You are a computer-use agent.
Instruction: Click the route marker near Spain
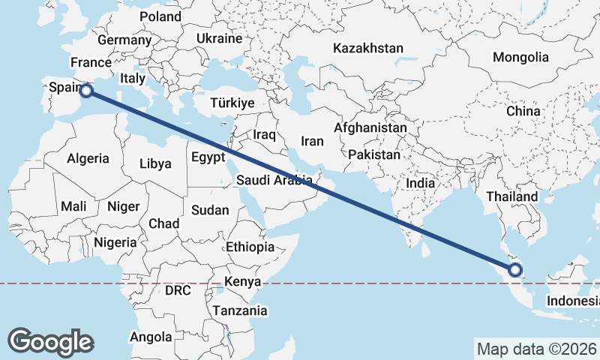coord(86,91)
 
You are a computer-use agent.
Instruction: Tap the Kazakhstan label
coord(368,48)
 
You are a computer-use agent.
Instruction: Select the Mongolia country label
coord(520,57)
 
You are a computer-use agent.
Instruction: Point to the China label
coord(523,111)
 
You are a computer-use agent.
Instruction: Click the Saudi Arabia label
coord(274,180)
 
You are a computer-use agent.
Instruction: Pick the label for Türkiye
coord(232,103)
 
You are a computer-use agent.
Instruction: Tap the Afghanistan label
coord(370,128)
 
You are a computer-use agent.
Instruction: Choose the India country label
coord(421,182)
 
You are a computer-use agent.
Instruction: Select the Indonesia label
coord(572,301)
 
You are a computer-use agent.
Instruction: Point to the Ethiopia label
coord(250,247)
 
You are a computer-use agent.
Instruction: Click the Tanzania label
coord(239,310)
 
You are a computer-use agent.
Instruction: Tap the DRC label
coord(178,290)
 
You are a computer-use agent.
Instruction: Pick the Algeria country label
coord(88,158)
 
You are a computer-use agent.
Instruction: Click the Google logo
coord(50,341)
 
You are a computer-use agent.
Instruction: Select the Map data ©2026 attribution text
coord(536,349)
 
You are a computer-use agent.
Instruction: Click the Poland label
coord(160,16)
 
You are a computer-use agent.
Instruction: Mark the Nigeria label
coord(115,242)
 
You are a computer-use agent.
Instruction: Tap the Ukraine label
coord(219,38)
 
